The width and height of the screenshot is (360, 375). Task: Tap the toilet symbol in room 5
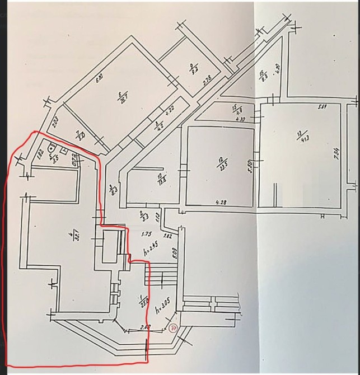pyautogui.click(x=52, y=148)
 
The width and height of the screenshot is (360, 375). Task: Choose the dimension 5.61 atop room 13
pyautogui.click(x=322, y=107)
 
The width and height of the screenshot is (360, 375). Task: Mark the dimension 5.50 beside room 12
pyautogui.click(x=251, y=167)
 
